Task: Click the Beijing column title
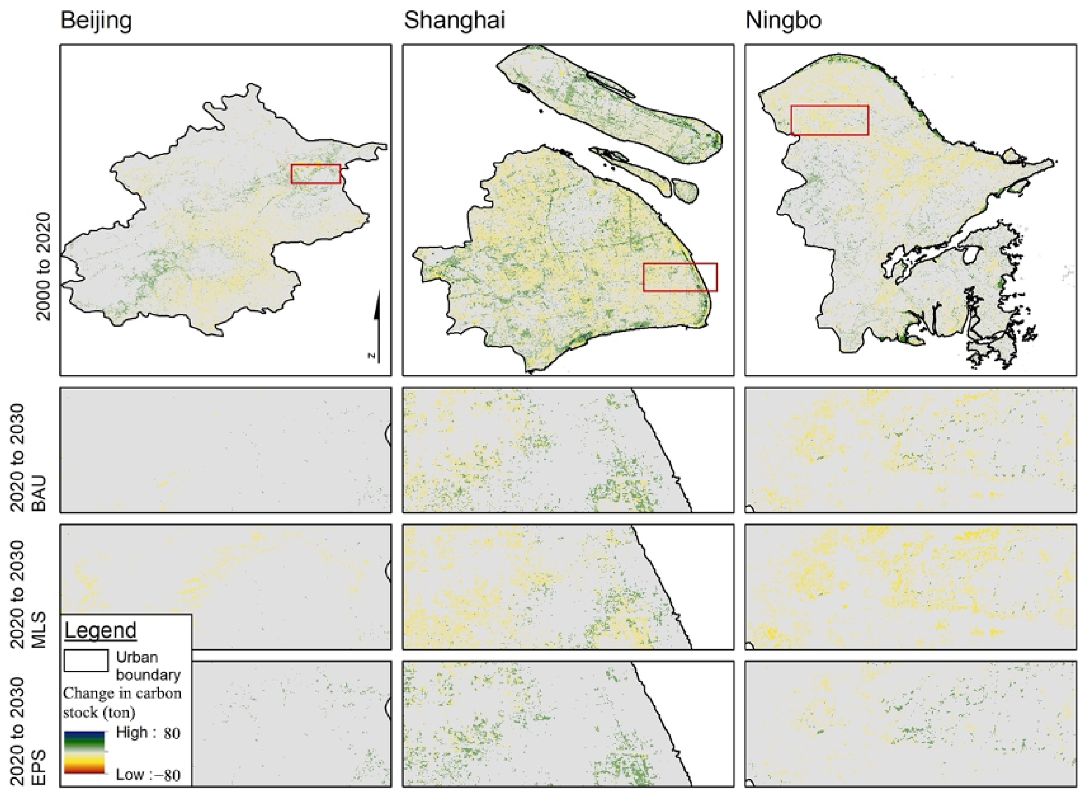click(96, 21)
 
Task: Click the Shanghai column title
click(454, 21)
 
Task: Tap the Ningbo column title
click(783, 21)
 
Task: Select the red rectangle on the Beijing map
click(316, 174)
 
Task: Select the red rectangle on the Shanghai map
click(680, 277)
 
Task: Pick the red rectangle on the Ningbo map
click(829, 120)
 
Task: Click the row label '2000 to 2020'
click(43, 266)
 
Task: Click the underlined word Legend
click(101, 631)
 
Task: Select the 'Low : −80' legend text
click(148, 775)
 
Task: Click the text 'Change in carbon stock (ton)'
click(122, 703)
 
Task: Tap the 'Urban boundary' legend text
click(148, 666)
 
